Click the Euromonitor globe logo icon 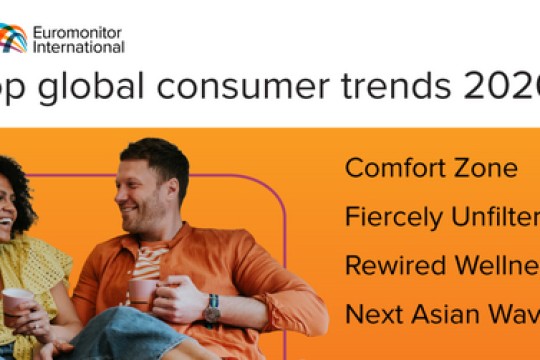[13, 38]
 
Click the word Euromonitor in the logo [78, 31]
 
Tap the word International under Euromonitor [78, 46]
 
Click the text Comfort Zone [431, 167]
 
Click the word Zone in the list [485, 167]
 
